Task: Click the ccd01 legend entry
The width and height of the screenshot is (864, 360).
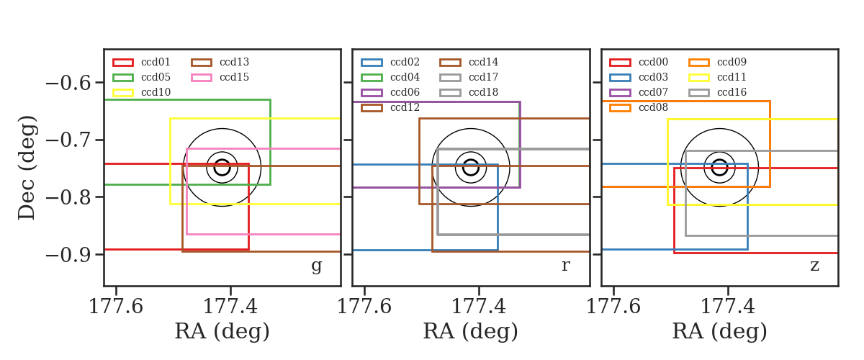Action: click(141, 62)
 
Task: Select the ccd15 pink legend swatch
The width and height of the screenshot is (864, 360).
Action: click(202, 78)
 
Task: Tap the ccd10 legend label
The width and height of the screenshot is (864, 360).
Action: click(156, 92)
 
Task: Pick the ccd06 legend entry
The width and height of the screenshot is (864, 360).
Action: click(390, 93)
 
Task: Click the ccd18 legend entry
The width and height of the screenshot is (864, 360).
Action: click(469, 93)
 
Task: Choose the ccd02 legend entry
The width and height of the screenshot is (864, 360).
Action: click(390, 62)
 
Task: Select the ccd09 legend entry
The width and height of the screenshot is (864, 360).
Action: click(717, 62)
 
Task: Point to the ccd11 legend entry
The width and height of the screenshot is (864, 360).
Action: click(717, 78)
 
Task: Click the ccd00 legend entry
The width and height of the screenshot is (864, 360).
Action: click(639, 62)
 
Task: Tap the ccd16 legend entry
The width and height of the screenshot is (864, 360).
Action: click(717, 93)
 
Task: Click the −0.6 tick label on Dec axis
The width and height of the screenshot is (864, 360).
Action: click(68, 83)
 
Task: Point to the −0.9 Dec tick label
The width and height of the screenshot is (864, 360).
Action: click(68, 255)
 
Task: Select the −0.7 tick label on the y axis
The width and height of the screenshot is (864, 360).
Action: click(68, 140)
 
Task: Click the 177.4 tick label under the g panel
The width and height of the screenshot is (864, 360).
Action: click(230, 307)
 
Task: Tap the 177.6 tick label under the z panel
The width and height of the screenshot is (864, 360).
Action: click(613, 307)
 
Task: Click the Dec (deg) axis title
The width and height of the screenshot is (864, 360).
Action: click(27, 168)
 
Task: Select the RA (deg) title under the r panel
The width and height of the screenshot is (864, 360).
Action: click(471, 331)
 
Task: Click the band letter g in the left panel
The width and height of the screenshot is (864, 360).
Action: click(317, 266)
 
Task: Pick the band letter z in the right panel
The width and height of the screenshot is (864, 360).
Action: click(814, 266)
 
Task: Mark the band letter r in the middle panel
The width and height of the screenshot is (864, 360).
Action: click(566, 266)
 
